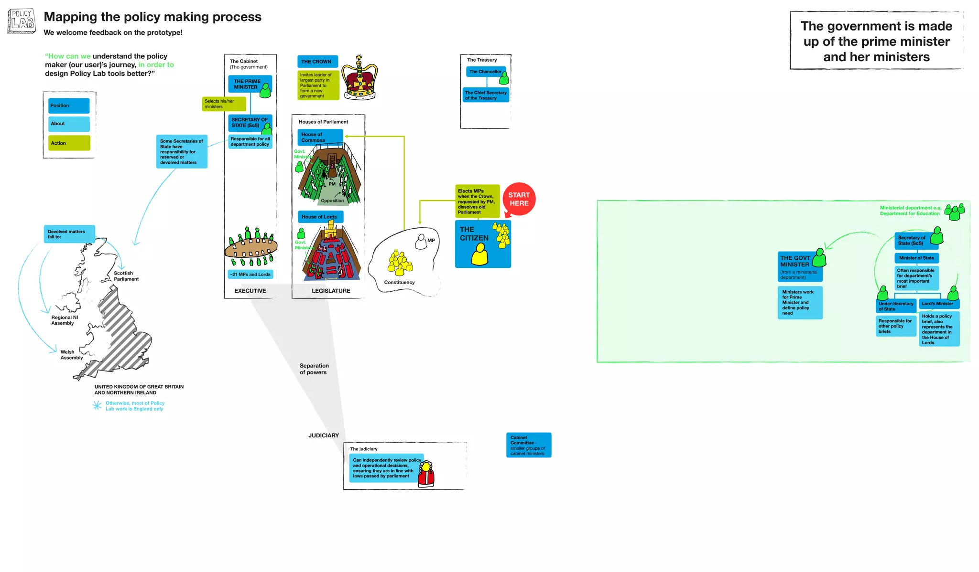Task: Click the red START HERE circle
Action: (519, 199)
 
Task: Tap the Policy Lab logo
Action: (22, 21)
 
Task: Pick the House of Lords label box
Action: (320, 217)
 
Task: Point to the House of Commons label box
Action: (320, 137)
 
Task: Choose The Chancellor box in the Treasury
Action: (485, 72)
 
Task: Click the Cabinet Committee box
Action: (529, 445)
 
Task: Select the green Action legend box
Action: (69, 143)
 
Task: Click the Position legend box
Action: (69, 106)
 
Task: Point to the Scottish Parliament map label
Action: (126, 276)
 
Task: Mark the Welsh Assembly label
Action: (71, 355)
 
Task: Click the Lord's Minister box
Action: (938, 304)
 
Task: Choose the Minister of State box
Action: (916, 258)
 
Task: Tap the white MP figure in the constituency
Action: (421, 242)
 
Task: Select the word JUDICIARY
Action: (324, 435)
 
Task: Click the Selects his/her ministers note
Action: (224, 104)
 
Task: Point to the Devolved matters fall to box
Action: (69, 234)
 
